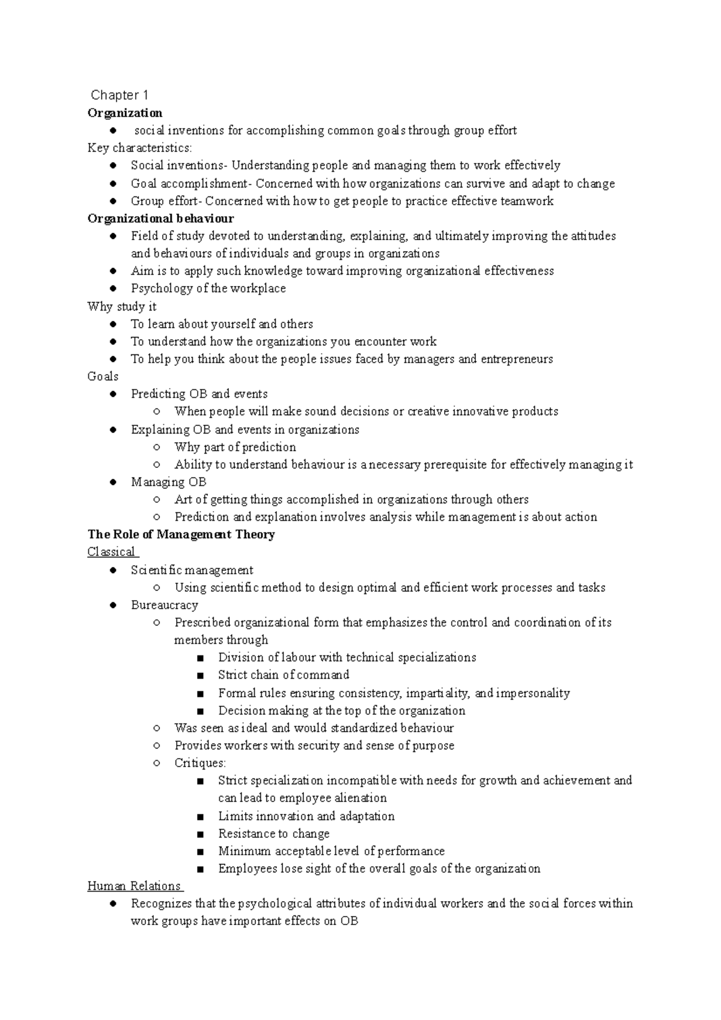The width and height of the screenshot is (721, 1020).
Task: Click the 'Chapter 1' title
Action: (x=120, y=95)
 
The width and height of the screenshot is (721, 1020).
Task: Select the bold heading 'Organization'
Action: (x=125, y=113)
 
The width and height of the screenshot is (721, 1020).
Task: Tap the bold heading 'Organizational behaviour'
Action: (x=160, y=219)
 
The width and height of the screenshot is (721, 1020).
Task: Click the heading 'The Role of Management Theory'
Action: (x=181, y=535)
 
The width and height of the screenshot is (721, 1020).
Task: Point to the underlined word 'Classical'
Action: (x=111, y=552)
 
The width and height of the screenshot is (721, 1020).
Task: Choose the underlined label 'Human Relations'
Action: (x=134, y=886)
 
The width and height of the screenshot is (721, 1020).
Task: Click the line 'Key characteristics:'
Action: (x=139, y=148)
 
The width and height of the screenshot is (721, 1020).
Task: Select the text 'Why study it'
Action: (x=122, y=306)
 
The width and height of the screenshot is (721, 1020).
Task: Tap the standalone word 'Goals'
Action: (x=103, y=377)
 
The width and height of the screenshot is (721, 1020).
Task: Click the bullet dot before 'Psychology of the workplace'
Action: (x=113, y=289)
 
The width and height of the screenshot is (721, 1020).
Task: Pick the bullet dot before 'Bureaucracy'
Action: (x=113, y=606)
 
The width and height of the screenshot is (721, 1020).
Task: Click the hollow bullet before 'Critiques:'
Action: (x=156, y=763)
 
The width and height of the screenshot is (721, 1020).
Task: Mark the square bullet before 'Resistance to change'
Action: (x=200, y=834)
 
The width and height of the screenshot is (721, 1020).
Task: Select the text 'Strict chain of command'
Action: (x=284, y=675)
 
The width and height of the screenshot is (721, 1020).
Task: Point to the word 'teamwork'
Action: (x=527, y=201)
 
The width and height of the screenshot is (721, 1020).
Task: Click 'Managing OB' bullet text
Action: (x=168, y=482)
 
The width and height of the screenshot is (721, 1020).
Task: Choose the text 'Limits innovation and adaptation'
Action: (x=306, y=816)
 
